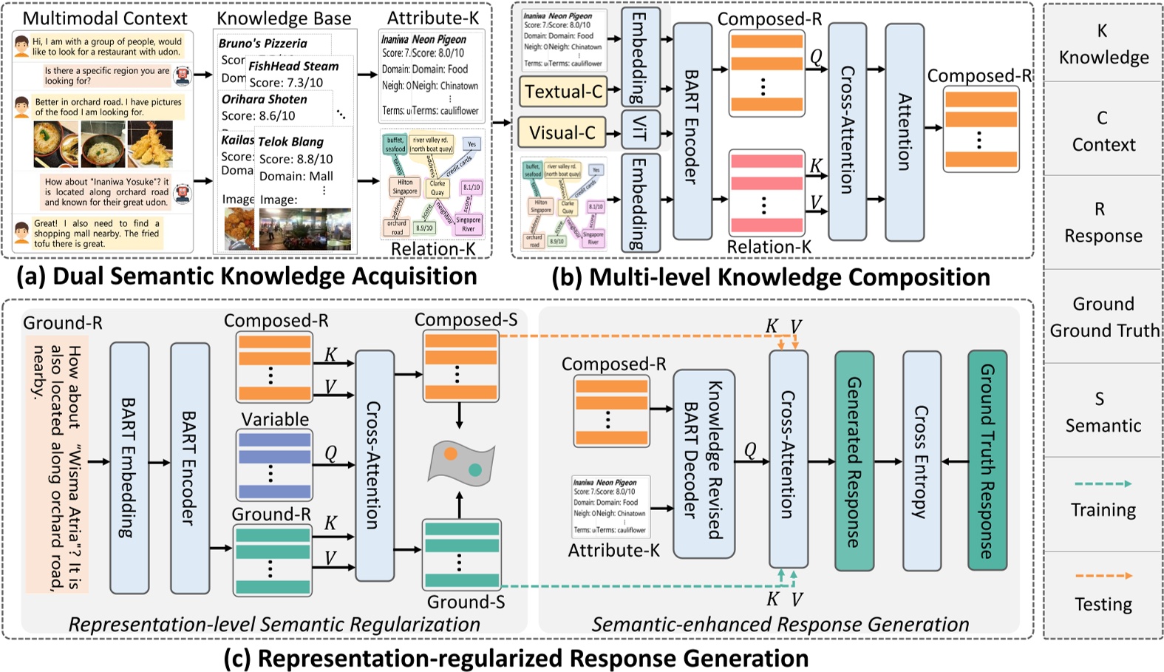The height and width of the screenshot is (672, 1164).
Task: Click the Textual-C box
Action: [x=563, y=92]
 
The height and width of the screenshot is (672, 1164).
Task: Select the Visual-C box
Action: [x=562, y=133]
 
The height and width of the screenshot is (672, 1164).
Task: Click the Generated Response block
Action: [x=854, y=461]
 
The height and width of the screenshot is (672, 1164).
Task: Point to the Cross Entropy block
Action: [x=922, y=461]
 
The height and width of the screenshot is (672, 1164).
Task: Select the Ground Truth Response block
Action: [x=987, y=461]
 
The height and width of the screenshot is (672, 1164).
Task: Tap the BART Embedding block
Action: [x=129, y=467]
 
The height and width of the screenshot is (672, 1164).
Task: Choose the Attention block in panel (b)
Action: [x=905, y=132]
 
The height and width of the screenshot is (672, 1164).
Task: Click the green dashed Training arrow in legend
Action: [x=1103, y=483]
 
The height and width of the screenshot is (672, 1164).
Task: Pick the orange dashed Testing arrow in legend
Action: [x=1103, y=575]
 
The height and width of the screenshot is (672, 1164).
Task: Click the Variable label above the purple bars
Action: [x=275, y=419]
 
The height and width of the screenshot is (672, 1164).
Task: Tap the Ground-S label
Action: [x=466, y=602]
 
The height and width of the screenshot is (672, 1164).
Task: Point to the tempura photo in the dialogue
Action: [x=150, y=144]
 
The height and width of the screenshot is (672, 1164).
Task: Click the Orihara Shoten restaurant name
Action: [x=264, y=99]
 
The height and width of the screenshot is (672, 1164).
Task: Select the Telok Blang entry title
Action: [x=290, y=141]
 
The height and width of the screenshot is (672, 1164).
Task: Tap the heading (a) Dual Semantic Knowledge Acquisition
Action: [x=246, y=276]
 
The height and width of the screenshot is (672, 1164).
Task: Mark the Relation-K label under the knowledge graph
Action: [x=433, y=249]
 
